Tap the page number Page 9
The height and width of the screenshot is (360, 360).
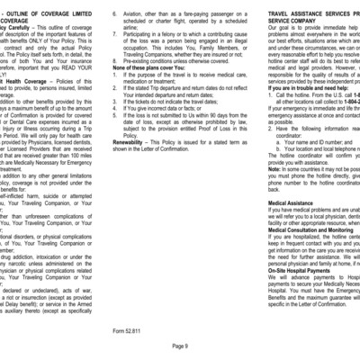click(179, 346)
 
